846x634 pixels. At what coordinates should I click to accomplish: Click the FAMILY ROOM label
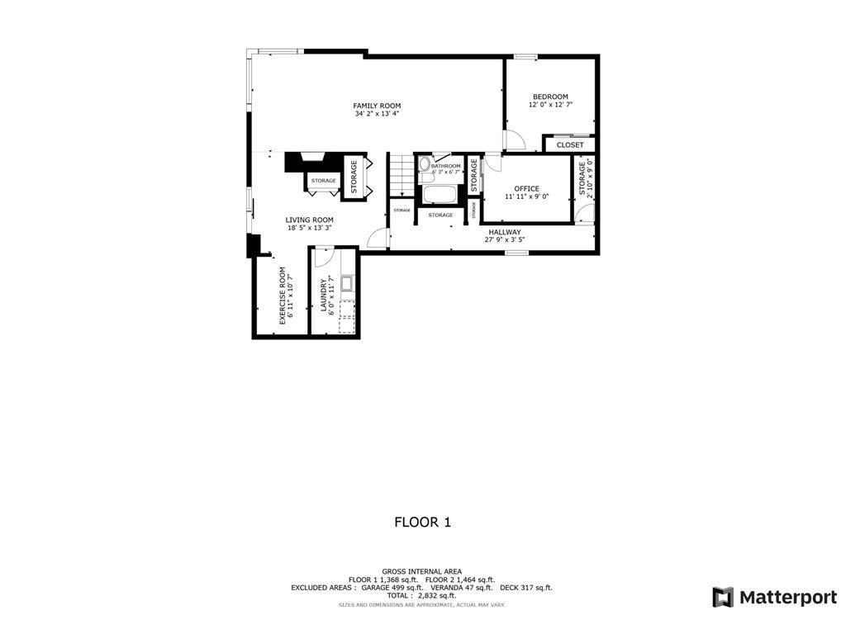(x=377, y=106)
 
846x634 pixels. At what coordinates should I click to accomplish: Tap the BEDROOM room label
(x=550, y=97)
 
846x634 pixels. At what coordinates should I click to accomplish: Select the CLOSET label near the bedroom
(x=570, y=145)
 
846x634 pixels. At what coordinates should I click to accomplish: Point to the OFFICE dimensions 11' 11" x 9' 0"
(x=526, y=196)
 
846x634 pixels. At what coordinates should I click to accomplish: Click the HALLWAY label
(x=504, y=232)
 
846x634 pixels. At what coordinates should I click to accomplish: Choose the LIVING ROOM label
(x=309, y=220)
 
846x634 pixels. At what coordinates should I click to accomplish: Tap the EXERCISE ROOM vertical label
(x=283, y=295)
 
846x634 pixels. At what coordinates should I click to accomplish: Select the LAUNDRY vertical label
(x=324, y=296)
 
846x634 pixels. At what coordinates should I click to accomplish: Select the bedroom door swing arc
(x=513, y=142)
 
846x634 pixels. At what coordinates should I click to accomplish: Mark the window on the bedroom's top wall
(x=525, y=56)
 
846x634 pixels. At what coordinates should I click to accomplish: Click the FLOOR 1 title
(x=422, y=522)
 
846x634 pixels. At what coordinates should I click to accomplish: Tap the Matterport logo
(x=774, y=597)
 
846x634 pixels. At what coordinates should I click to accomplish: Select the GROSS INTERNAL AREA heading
(x=421, y=571)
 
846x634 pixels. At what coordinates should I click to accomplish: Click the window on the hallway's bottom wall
(x=517, y=253)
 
